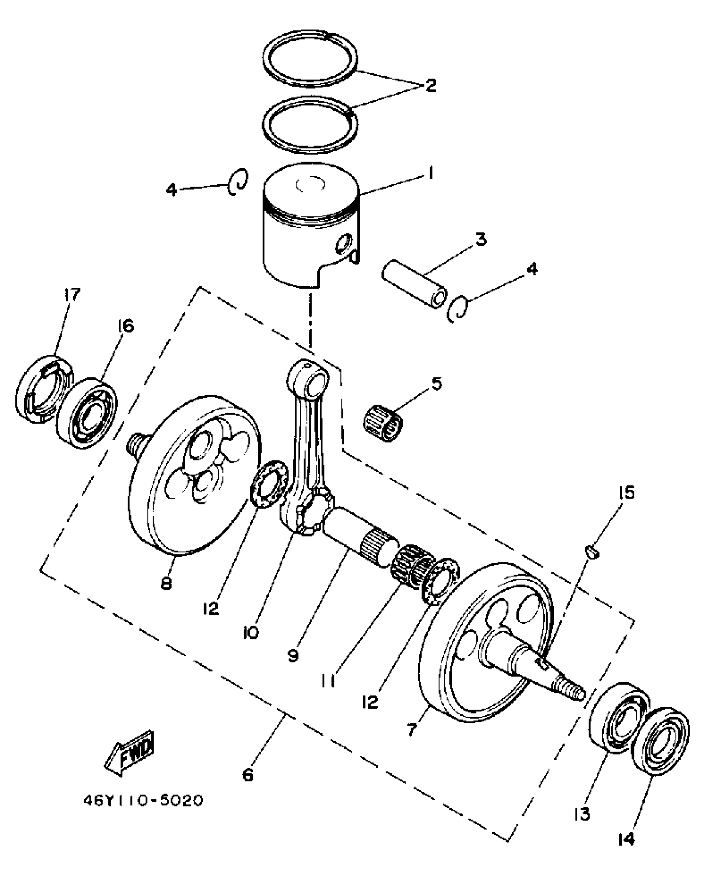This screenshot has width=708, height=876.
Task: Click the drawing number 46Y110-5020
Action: click(x=143, y=801)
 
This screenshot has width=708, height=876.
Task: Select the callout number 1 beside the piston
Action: click(x=431, y=172)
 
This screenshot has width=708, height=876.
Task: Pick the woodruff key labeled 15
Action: click(x=593, y=552)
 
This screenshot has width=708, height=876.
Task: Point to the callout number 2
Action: click(x=431, y=85)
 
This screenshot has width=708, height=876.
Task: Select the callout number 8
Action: click(x=166, y=584)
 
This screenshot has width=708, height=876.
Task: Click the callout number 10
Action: click(x=251, y=633)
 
